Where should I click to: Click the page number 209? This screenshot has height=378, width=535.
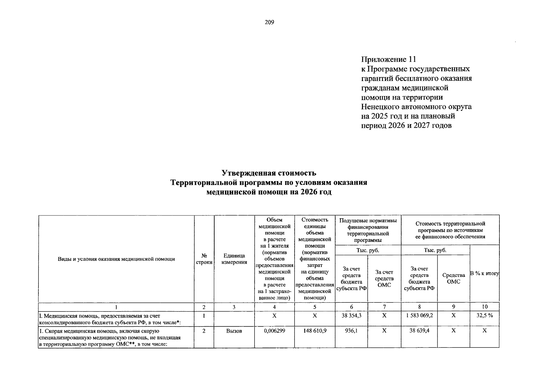pos(269,22)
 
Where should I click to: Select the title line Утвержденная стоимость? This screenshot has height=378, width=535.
pos(269,173)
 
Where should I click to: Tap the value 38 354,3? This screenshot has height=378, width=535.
pos(351,315)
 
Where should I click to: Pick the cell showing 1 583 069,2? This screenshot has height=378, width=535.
pos(419,315)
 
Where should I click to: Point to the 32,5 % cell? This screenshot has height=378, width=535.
pos(485,315)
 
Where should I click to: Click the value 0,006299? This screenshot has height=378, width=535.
pos(274,331)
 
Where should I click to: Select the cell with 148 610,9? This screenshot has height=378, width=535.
pos(315,331)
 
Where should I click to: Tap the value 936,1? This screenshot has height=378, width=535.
pos(351,331)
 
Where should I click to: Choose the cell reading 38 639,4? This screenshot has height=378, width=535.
pos(419,331)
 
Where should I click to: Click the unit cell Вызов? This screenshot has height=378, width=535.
pos(234,331)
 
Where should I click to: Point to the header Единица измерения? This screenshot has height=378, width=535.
pos(234,259)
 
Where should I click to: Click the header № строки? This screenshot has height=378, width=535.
pos(204,259)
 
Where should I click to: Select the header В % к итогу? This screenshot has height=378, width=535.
pos(485,273)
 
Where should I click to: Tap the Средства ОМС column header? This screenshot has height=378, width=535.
pos(453,278)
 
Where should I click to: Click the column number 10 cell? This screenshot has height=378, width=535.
pos(485,307)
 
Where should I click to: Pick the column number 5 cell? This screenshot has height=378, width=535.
pos(315,307)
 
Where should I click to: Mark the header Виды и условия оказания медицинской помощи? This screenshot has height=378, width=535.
pos(116,259)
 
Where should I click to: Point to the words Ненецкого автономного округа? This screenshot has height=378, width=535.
pos(416,107)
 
